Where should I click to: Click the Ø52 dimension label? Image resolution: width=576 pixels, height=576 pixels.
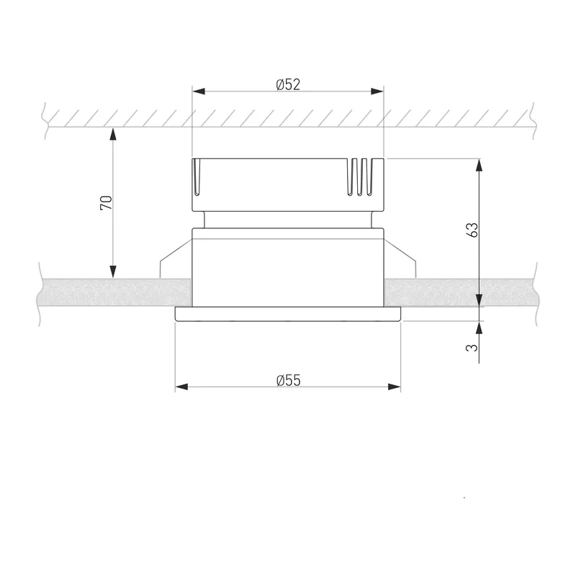[288, 84]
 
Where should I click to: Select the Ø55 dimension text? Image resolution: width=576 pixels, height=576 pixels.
[289, 380]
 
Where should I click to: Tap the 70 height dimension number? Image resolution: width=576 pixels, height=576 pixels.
[106, 203]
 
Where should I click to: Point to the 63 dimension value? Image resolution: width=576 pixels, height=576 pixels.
[473, 230]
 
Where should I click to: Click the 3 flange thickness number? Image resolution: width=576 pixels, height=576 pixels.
[472, 347]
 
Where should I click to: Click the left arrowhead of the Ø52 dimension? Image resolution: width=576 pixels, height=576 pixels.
[199, 91]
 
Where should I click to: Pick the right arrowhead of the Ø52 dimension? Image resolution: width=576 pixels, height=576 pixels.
[377, 91]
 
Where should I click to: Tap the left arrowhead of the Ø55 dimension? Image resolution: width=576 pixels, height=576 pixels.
[181, 387]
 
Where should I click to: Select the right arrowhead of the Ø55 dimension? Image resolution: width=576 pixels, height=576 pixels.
[394, 387]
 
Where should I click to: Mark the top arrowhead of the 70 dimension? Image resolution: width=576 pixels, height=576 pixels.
[113, 134]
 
